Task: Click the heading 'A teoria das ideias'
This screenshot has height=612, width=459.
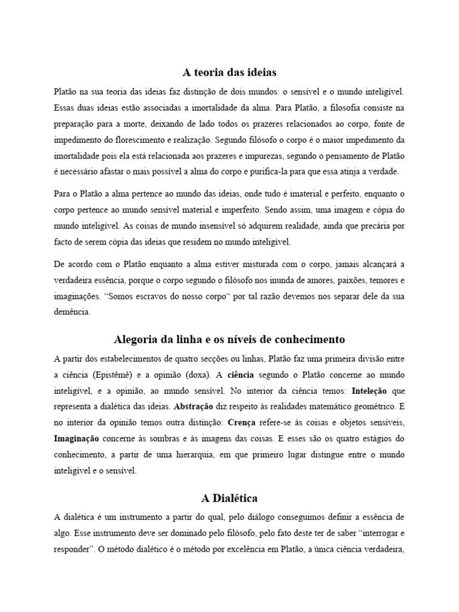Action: pos(229,73)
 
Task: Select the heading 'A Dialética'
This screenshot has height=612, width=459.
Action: pos(229,498)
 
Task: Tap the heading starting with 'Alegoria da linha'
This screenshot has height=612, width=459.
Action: pos(229,339)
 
